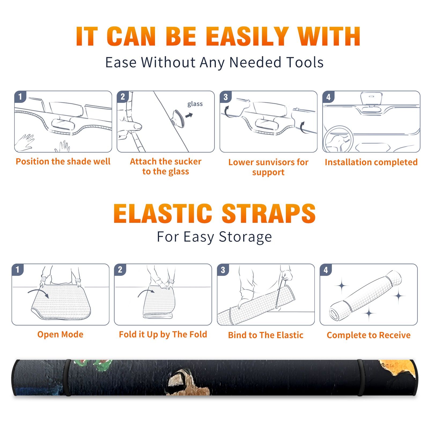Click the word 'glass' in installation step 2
195,104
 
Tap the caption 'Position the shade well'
63,161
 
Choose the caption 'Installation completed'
371,162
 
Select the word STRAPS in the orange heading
269,213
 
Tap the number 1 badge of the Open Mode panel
18,269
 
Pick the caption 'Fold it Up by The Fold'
163,334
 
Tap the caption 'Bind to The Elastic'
266,335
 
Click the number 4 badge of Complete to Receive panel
326,270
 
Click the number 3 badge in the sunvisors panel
225,97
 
